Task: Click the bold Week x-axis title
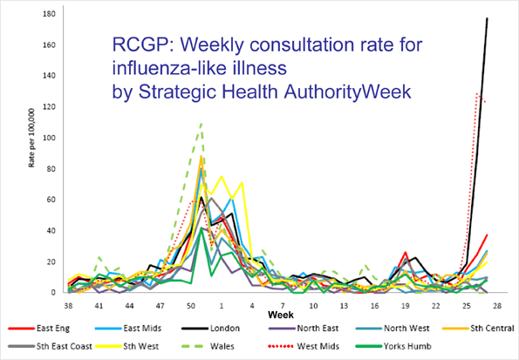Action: pyautogui.click(x=280, y=312)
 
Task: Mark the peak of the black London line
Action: pyautogui.click(x=487, y=18)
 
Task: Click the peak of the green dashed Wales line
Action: pyautogui.click(x=201, y=123)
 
